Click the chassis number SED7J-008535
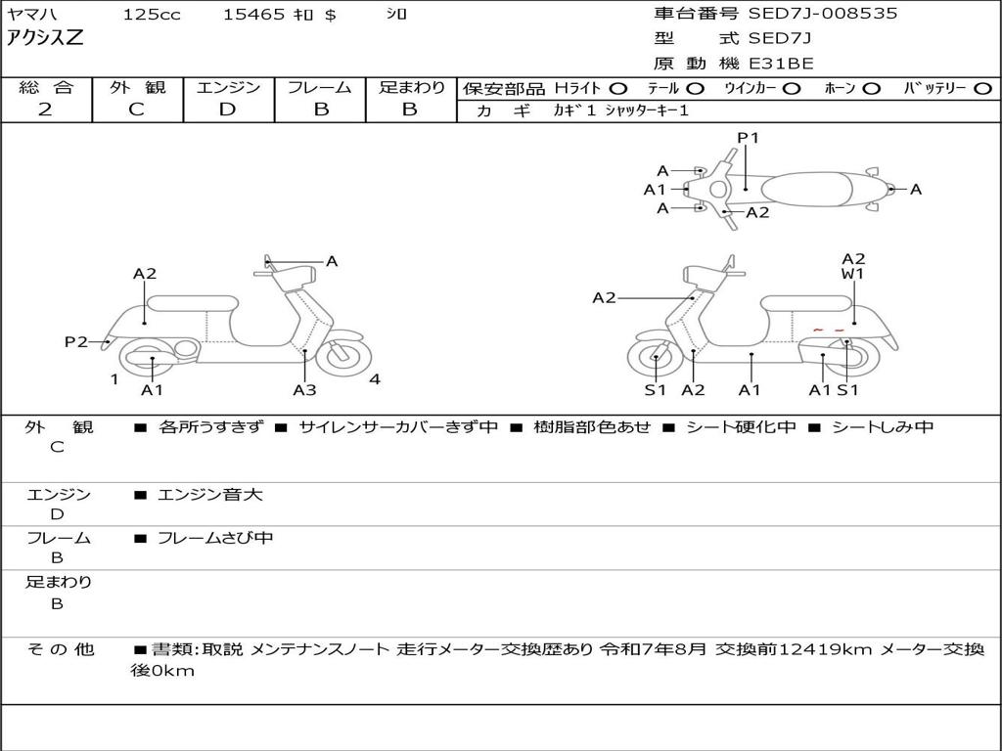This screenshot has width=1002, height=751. point(822,14)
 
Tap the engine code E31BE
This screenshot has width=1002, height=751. point(781,64)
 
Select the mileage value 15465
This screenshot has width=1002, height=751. point(253,15)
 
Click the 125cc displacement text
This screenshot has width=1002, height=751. point(152,15)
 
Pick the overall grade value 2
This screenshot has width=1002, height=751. point(45,110)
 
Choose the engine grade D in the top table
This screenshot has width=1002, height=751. point(227,110)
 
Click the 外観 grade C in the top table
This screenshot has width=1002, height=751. point(136,110)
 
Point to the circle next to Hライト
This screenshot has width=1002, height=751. point(619,88)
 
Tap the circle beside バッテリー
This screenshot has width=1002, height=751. point(982,88)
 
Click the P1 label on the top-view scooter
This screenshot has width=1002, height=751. point(748,138)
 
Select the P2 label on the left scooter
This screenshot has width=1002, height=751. point(76,341)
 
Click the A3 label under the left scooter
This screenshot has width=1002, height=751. point(304,390)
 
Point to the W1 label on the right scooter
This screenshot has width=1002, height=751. point(853,275)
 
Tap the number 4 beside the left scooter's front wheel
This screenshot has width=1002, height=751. point(375,379)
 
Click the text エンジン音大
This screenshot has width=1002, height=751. point(210,495)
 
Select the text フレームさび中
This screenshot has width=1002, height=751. point(215,538)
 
